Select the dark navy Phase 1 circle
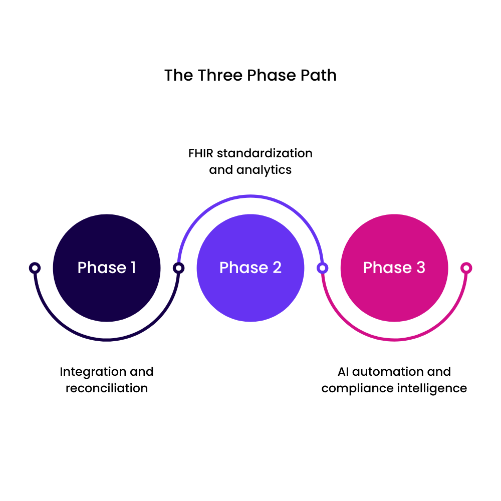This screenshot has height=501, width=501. [x=107, y=268]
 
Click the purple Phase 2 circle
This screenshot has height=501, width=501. [x=250, y=268]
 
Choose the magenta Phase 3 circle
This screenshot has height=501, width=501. [x=394, y=268]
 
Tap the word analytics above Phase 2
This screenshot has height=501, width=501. [x=264, y=170]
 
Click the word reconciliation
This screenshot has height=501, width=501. [x=107, y=388]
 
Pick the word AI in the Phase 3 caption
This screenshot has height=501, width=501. [x=343, y=372]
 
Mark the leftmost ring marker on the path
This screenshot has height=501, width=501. [x=35, y=268]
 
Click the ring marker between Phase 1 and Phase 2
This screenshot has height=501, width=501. [x=178, y=268]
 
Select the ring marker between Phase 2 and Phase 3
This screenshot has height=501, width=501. [x=323, y=268]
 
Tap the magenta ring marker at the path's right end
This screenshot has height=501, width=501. [x=466, y=268]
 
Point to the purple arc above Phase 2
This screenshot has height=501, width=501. [x=250, y=196]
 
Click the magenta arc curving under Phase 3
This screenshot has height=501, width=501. [x=394, y=340]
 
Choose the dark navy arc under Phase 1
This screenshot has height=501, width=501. [x=107, y=340]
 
